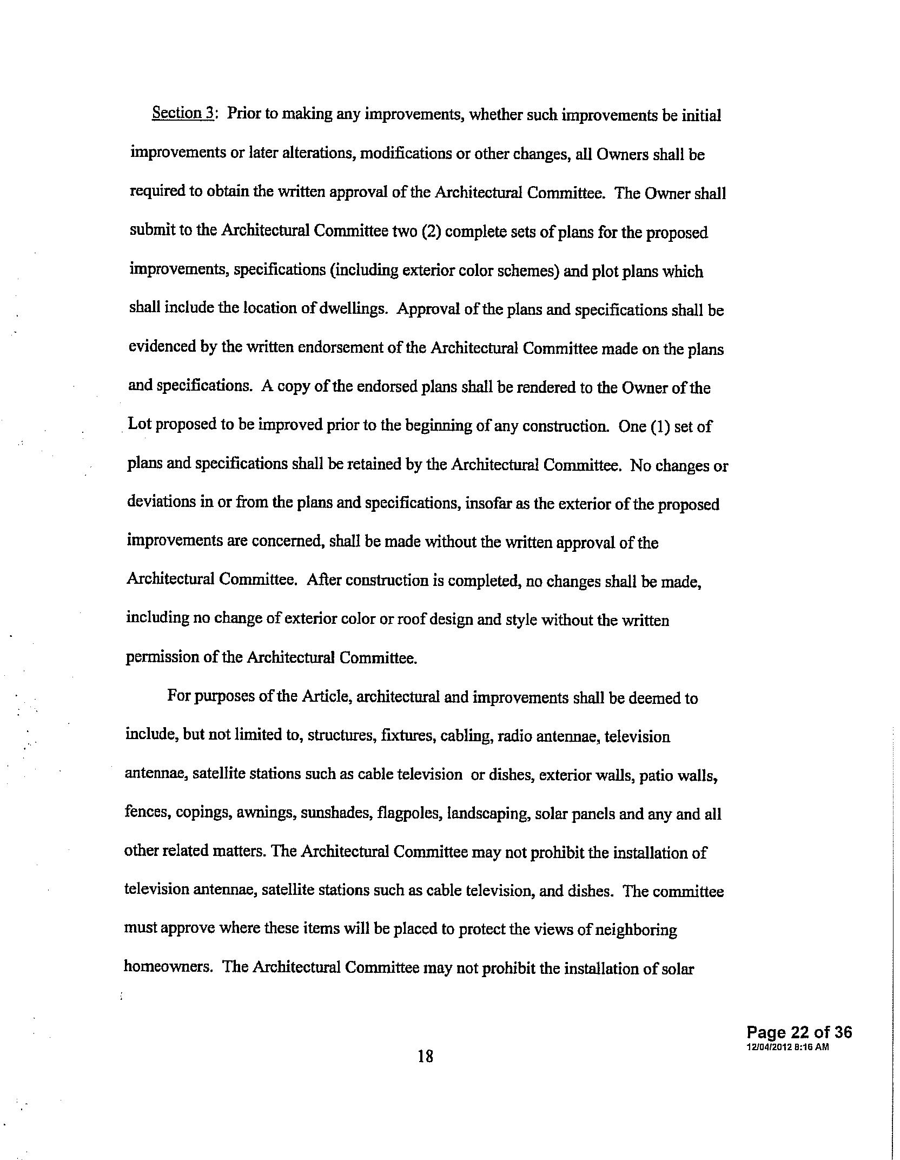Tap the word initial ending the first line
point(702,116)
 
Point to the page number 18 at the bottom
point(425,1056)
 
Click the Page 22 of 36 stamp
point(798,1032)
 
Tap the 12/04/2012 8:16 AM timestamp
point(787,1047)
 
